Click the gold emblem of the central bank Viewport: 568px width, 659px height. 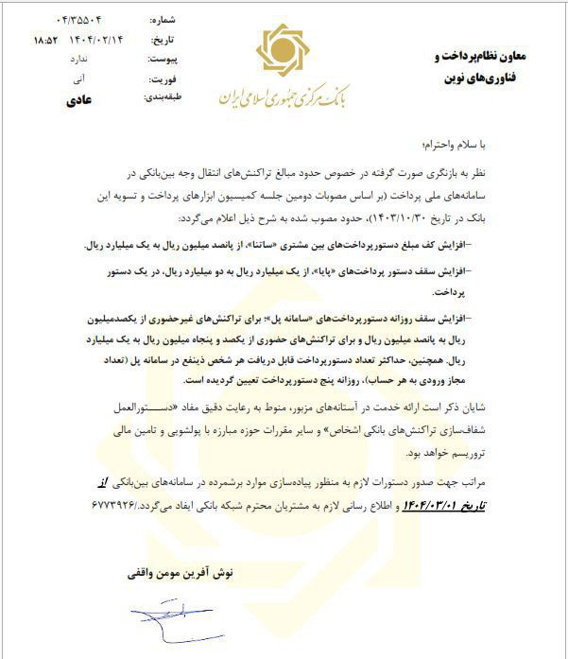tap(284, 52)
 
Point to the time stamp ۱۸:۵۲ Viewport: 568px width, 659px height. tap(44, 40)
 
